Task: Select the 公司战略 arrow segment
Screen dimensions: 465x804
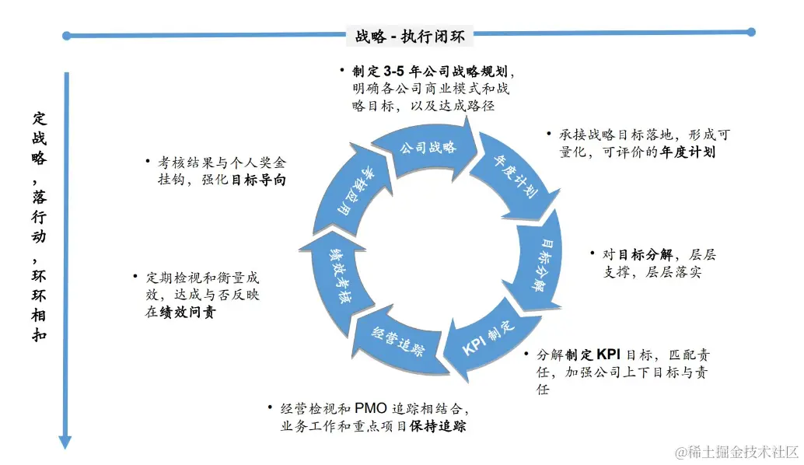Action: pos(427,146)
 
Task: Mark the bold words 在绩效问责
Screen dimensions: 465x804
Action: pos(180,313)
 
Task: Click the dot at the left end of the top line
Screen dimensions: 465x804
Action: pos(67,35)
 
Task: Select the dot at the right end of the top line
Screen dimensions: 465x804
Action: pos(750,32)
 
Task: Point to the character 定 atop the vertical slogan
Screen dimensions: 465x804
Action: pos(40,118)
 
